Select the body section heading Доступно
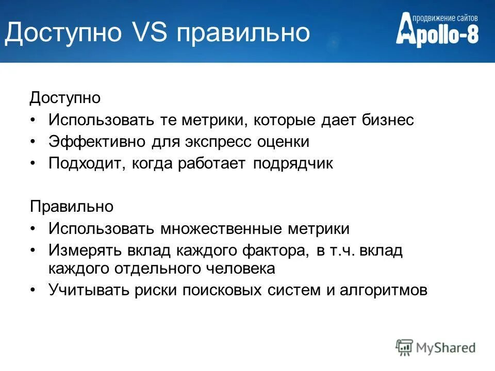65,97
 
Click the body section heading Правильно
71,207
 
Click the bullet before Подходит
34,164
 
